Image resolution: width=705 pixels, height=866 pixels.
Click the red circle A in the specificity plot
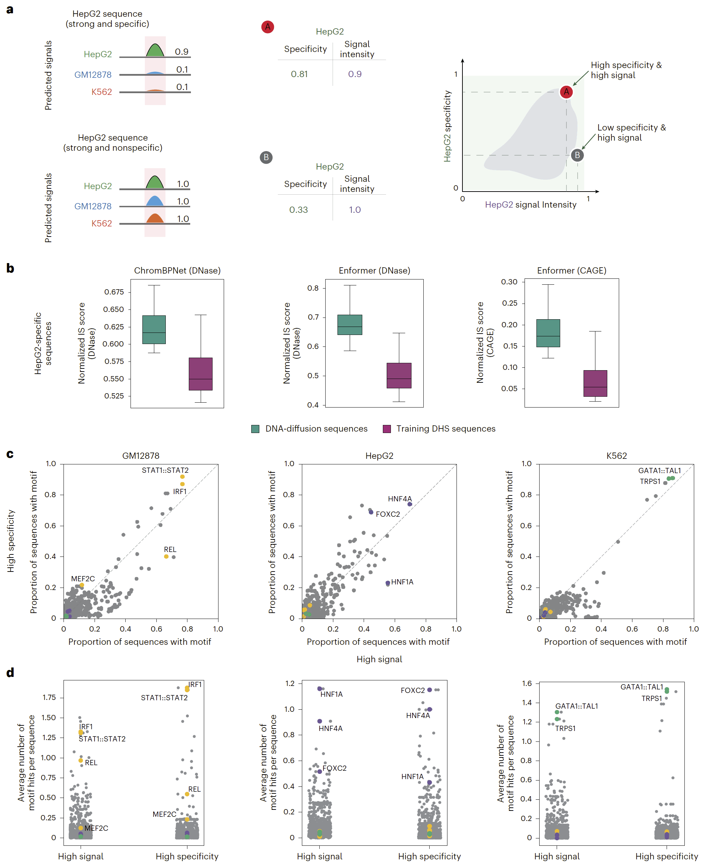(566, 92)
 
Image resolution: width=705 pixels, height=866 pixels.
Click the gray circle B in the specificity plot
(577, 155)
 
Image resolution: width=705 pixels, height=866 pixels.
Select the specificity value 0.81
(299, 74)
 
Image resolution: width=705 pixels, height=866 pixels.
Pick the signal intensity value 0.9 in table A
(355, 74)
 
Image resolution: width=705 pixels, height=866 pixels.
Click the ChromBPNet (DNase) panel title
(177, 270)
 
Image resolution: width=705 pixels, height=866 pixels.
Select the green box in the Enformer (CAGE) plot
(548, 333)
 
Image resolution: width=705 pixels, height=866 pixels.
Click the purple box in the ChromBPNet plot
(201, 374)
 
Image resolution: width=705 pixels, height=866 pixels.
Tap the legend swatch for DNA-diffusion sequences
(255, 429)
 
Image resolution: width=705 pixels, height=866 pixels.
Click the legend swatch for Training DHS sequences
(387, 429)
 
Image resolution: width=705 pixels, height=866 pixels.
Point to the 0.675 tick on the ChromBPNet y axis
(114, 292)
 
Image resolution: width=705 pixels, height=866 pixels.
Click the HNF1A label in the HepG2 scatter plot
(402, 582)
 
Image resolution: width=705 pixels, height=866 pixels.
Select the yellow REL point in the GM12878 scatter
(166, 557)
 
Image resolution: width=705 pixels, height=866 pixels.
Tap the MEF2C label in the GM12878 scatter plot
(83, 578)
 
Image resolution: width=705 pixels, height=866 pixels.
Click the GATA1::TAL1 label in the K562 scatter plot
(659, 471)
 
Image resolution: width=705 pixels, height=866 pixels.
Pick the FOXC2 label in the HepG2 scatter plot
(388, 514)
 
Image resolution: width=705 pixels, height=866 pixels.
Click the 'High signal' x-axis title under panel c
(379, 659)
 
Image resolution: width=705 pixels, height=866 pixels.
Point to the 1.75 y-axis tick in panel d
(49, 697)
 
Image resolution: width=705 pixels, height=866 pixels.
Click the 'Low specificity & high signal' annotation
(631, 132)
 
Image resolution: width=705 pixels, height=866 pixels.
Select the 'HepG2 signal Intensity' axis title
(530, 204)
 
